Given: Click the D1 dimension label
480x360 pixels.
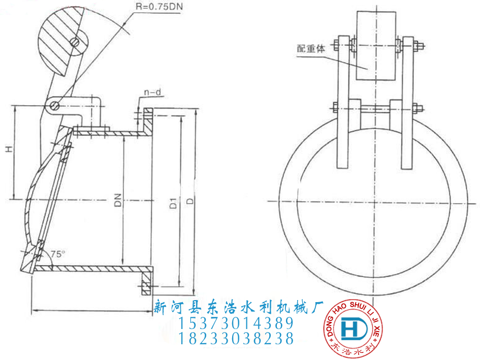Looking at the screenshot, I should click(173, 203).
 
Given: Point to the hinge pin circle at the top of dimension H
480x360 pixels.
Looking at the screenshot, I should click(55, 106).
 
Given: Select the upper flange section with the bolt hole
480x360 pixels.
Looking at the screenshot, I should click(146, 120).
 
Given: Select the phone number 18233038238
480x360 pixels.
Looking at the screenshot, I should click(236, 338).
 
